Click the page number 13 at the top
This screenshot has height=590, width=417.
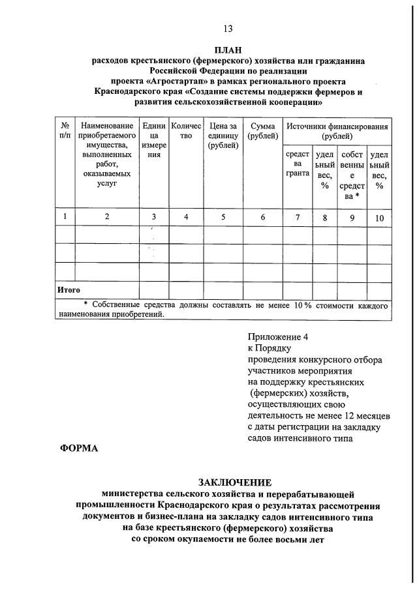[227, 28]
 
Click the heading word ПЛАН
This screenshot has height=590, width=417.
[228, 50]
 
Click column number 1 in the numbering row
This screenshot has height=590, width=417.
[65, 217]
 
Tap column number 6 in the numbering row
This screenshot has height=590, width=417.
[263, 217]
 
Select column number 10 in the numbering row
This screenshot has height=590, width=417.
[379, 218]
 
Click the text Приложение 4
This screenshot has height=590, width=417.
[277, 336]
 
